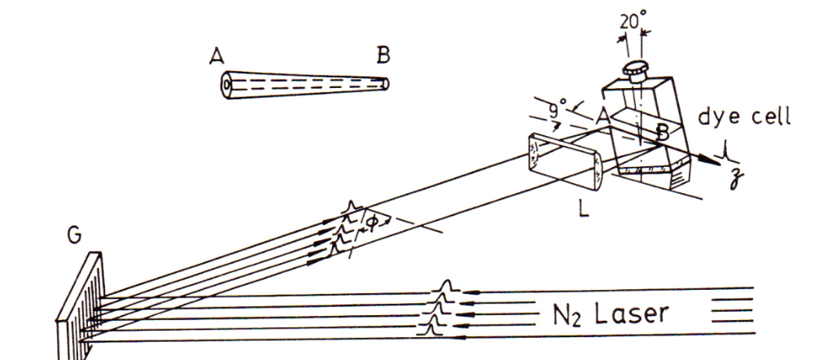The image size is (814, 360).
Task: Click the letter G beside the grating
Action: pos(74,236)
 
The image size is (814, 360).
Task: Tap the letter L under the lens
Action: pos(584,209)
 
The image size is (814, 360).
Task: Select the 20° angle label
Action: pos(633,21)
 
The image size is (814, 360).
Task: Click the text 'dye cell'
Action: pos(745,117)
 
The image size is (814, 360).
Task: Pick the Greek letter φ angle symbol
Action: pos(372,222)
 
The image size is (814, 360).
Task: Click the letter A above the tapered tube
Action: pos(217,55)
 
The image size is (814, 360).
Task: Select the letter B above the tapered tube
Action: pos(383,55)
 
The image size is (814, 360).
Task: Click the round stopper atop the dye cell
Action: pos(633,72)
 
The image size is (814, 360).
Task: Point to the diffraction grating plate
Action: pos(81,306)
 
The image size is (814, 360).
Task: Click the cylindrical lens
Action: pos(566,161)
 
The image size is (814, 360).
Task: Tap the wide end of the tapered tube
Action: pos(225,85)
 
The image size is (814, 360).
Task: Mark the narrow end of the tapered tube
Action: pos(385,84)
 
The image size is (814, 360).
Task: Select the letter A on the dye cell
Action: pos(602,117)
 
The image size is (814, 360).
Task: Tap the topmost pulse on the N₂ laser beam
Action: pos(444,286)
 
